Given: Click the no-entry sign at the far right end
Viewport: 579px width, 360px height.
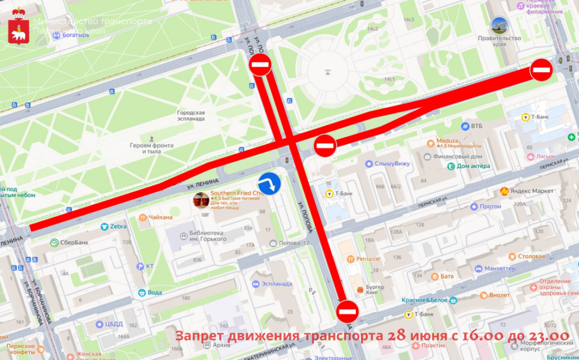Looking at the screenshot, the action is [x=541, y=70].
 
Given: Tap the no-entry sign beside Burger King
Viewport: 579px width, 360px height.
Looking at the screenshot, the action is [x=347, y=311].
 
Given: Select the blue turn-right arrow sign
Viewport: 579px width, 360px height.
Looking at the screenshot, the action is [x=270, y=183].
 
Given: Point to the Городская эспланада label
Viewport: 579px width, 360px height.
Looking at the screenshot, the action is [x=191, y=116].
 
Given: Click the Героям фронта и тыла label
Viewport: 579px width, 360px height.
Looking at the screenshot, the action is [x=151, y=148].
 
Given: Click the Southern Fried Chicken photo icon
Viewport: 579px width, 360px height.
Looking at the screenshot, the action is [x=201, y=200].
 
